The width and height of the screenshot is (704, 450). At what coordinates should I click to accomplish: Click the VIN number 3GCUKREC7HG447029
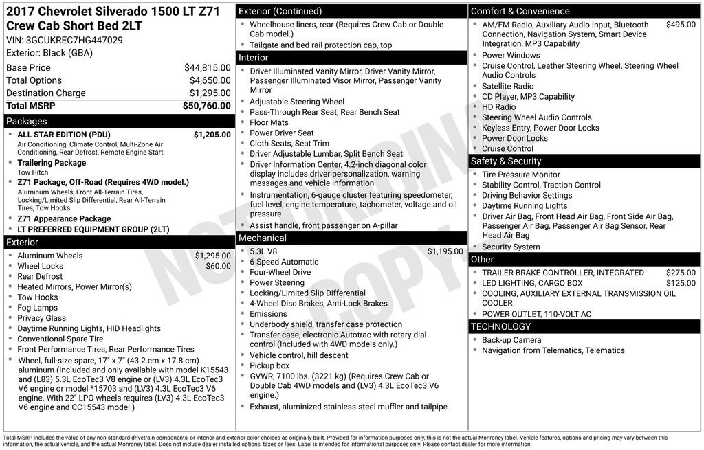[x=74, y=40]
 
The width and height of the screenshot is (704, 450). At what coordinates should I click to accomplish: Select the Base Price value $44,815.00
[x=207, y=68]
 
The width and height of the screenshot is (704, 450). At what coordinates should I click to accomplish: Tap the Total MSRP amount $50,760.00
[x=206, y=106]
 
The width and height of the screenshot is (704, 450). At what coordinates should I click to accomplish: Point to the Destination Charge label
[x=46, y=93]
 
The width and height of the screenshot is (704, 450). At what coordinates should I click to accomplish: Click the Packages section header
[x=27, y=122]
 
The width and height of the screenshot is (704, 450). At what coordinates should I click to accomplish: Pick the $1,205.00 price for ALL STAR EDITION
[x=212, y=135]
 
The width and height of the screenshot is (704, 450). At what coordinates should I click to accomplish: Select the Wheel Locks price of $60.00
[x=218, y=266]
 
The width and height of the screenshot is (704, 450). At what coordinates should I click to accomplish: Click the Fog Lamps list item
[x=37, y=308]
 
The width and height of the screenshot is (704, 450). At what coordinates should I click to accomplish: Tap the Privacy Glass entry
[x=41, y=318]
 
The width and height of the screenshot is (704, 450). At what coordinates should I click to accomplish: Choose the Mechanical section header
[x=262, y=238]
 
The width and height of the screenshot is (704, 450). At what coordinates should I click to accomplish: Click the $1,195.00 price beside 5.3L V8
[x=445, y=251]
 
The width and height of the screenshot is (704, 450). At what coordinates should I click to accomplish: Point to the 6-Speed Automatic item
[x=284, y=262]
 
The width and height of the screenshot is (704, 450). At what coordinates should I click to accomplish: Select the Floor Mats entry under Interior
[x=269, y=122]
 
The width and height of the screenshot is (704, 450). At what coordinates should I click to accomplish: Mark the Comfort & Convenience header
[x=520, y=11]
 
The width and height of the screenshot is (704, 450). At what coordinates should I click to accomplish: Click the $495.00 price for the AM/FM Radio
[x=681, y=25]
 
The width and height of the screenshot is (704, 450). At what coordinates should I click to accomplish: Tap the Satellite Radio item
[x=507, y=87]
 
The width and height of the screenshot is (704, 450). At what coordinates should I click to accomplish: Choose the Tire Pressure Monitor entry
[x=520, y=175]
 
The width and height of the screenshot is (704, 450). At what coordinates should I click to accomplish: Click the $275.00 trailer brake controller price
[x=681, y=273]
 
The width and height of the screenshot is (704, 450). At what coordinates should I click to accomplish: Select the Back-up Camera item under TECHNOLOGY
[x=511, y=340]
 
